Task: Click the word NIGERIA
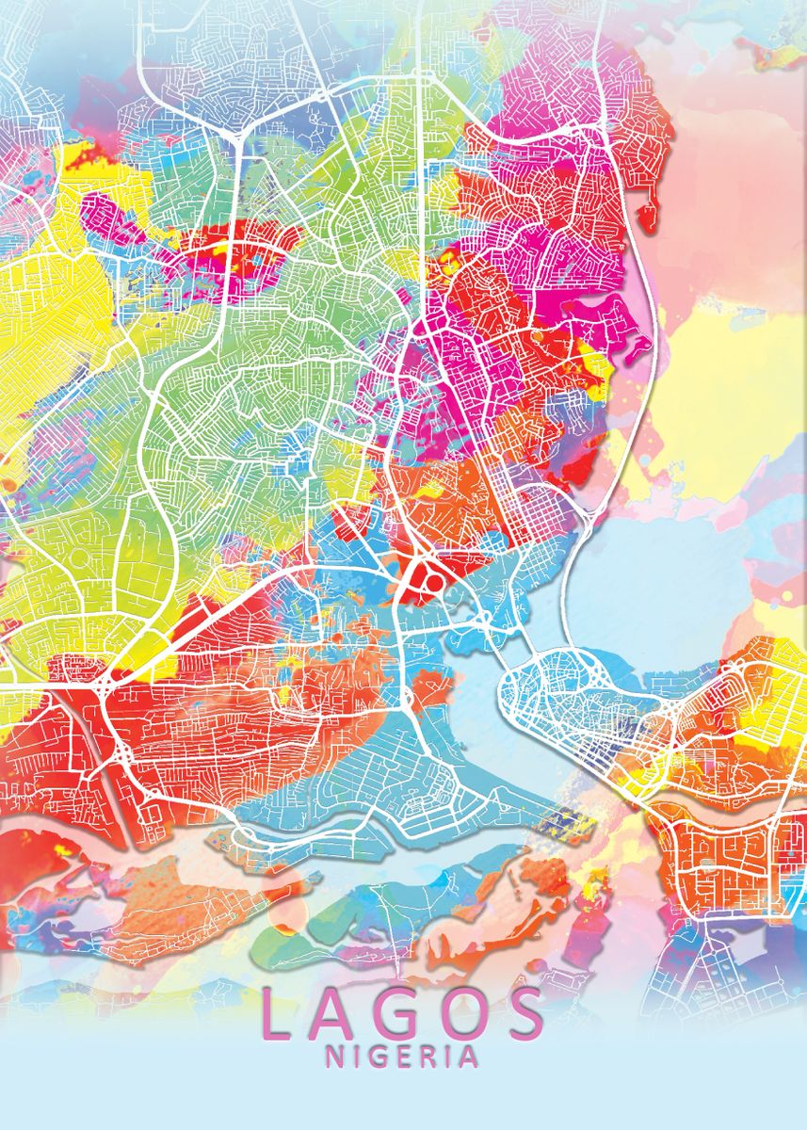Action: pyautogui.click(x=402, y=1057)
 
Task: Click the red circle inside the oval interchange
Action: pyautogui.click(x=435, y=582)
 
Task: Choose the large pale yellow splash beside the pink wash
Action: pyautogui.click(x=734, y=395)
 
